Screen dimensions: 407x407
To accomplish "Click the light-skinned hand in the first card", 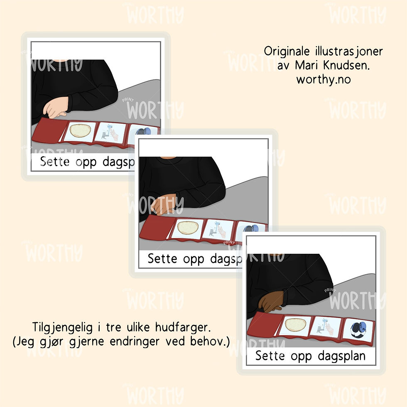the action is click(x=55, y=107).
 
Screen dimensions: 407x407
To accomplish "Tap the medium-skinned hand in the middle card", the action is click(x=163, y=204).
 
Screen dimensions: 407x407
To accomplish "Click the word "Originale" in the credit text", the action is click(x=287, y=51).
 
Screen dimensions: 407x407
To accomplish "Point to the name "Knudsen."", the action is click(x=346, y=65).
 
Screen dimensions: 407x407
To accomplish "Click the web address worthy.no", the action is click(x=324, y=80).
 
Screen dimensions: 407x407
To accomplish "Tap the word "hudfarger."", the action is click(x=183, y=327).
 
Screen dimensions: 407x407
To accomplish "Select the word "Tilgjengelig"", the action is click(x=62, y=328).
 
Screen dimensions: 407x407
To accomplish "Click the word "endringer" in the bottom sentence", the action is click(x=135, y=341).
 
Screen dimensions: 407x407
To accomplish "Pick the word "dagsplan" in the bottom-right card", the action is click(x=341, y=356).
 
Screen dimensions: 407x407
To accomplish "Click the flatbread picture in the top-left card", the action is click(x=80, y=131).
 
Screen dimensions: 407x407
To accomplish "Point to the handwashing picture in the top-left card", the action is click(x=110, y=132).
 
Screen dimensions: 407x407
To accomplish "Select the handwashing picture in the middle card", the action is click(x=218, y=230).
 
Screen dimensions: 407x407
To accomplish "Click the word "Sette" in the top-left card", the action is click(x=55, y=162).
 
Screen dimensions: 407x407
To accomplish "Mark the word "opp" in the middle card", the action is click(x=194, y=259).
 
